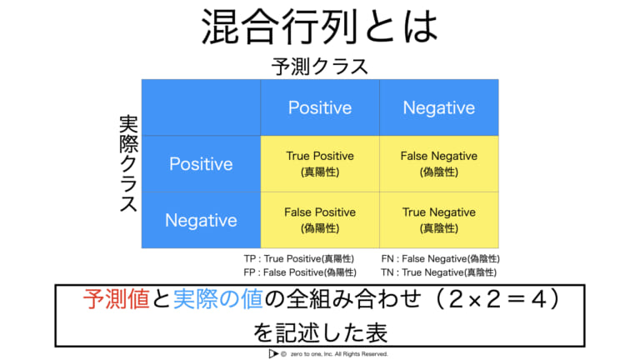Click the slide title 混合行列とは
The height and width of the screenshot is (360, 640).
320,27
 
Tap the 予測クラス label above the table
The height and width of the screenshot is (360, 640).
320,67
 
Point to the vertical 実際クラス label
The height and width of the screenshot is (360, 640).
128,163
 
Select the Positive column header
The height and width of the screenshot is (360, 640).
320,107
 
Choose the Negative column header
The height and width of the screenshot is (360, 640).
439,107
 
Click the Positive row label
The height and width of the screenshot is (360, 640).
201,164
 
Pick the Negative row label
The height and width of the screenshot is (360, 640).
201,220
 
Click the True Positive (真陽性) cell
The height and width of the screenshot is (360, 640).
320,164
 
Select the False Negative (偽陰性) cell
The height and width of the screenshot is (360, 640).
439,164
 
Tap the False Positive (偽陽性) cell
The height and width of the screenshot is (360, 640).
320,220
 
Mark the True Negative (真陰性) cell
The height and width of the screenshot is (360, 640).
439,220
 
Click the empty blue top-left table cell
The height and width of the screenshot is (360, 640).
201,107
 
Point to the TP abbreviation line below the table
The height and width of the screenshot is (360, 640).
299,259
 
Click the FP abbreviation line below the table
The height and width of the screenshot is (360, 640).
300,272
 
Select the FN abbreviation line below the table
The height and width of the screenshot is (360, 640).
440,259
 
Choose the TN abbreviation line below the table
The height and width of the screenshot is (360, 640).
439,272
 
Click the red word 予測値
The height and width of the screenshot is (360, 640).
117,299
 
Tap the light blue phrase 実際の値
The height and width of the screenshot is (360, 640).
217,299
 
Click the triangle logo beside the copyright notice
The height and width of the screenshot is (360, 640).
272,354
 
